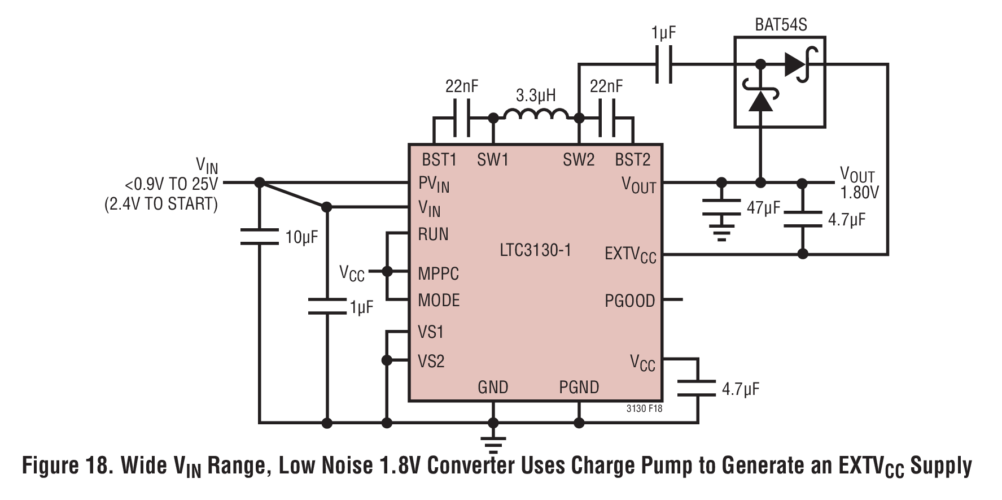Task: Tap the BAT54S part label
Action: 781,25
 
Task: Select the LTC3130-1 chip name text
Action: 535,250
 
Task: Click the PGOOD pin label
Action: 629,301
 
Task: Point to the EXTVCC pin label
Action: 630,254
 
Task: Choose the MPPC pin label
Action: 438,273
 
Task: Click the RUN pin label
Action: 433,234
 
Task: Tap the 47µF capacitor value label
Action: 763,208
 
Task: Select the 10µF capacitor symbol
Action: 259,237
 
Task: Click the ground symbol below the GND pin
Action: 493,444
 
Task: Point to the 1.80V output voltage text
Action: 859,193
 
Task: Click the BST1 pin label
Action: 439,160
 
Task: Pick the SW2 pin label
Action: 579,160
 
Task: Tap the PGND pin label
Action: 579,387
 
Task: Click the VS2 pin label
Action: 431,361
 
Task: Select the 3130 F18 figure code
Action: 644,408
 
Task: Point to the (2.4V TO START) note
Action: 161,204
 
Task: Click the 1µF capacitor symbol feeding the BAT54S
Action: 663,64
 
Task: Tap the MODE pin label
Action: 439,300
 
